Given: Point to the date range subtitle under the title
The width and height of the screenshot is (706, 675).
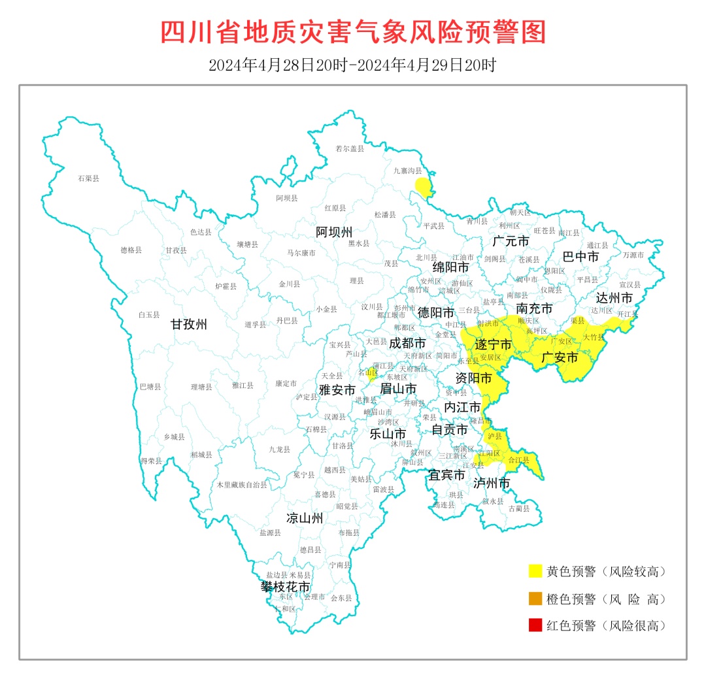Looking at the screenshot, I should pos(353,65).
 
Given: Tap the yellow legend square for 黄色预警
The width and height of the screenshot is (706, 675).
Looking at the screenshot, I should pos(535,571).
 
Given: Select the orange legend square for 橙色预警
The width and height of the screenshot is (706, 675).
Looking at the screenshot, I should pos(535,599).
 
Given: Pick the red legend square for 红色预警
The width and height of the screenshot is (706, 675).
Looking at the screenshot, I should pos(535,625).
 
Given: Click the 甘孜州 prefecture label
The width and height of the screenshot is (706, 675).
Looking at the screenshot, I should pos(189,324).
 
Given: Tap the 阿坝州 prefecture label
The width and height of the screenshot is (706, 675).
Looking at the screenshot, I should pos(334,232).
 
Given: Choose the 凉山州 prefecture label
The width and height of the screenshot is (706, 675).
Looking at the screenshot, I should pos(305,518).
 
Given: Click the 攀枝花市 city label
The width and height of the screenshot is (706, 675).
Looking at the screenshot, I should pos(286,587).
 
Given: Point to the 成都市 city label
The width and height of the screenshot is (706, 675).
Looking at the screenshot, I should pos(407,343).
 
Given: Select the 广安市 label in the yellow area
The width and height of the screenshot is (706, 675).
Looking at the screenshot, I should pos(560,357).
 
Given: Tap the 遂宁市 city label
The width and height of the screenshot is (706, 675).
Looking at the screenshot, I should pos(493,344).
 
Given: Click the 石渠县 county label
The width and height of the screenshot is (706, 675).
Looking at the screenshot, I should pos(88,178).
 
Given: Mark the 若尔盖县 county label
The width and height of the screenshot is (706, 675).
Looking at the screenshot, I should pos(349,148).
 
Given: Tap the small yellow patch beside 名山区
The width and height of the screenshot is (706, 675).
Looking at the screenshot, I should pos(372,375).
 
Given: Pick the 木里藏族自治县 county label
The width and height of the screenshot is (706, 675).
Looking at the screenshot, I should pos(242,485).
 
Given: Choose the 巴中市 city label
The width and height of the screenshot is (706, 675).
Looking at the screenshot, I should pos(580,257).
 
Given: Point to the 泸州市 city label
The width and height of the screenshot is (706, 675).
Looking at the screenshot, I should pos(492,484).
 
